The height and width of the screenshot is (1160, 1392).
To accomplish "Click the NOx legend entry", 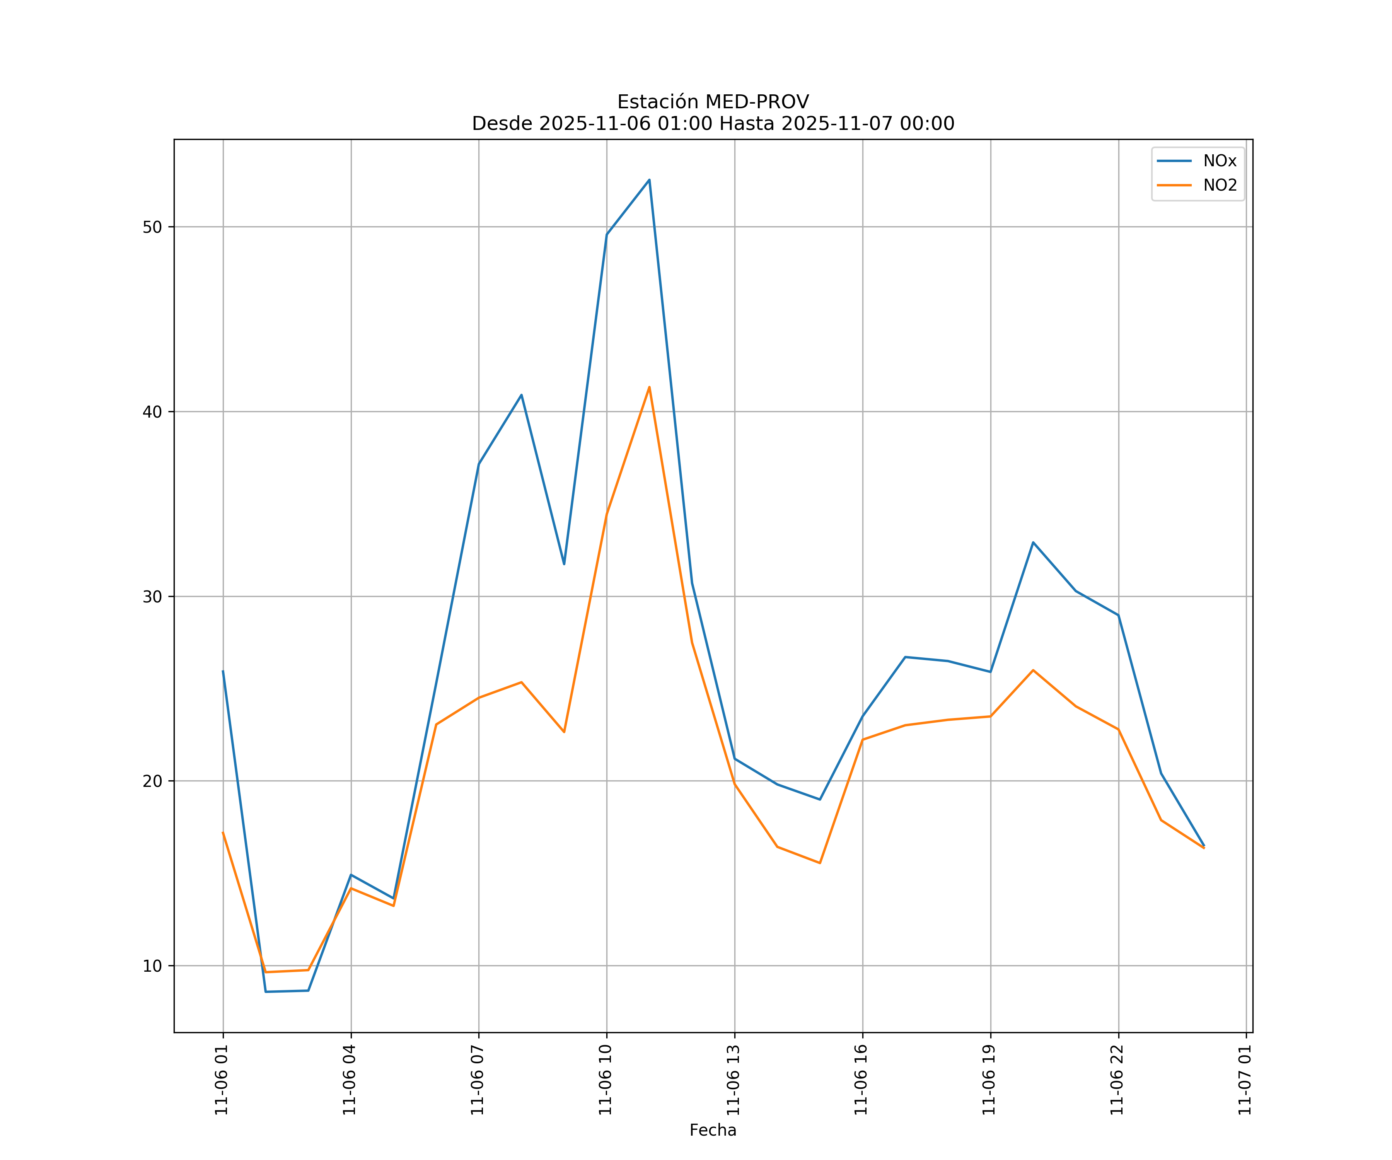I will coord(1219,161).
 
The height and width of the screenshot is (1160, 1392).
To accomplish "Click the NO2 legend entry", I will coord(1220,186).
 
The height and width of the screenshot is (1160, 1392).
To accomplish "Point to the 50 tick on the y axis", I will coord(152,227).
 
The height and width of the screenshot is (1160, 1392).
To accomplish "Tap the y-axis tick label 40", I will coord(152,412).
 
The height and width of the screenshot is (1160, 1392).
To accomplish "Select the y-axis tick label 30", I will coord(152,597).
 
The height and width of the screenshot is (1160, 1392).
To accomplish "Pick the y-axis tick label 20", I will coord(152,781).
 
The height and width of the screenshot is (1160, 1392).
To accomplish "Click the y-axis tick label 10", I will coord(152,966).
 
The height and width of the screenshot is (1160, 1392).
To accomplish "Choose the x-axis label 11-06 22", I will coord(1117,1080).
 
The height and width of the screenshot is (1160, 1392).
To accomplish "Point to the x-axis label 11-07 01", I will coord(1245,1080).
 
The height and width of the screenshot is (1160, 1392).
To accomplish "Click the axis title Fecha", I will coord(713,1130).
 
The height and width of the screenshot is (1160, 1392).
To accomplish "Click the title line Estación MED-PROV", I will coord(713,102).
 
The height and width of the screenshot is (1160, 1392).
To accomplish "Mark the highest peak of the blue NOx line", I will coord(649,180).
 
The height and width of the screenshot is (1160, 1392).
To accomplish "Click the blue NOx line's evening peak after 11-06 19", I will coord(1033,542).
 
